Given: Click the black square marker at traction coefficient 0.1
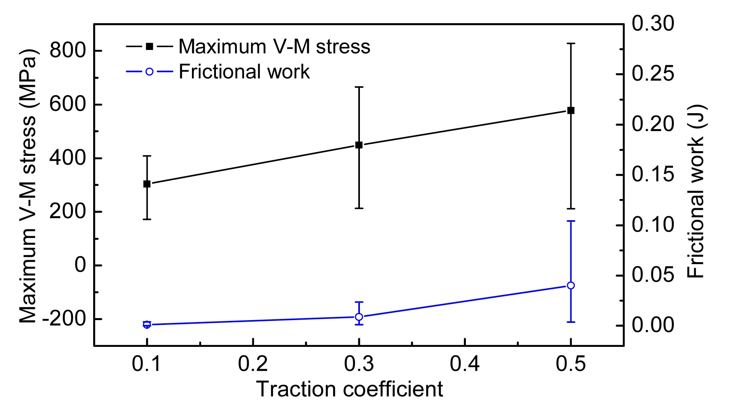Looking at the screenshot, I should [147, 184].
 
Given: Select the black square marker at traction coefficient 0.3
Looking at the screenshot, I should [359, 145].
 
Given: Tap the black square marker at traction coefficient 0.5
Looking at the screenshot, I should [571, 110].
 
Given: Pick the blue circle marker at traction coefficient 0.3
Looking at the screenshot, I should [359, 317].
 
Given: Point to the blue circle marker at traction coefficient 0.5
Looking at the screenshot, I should [571, 285].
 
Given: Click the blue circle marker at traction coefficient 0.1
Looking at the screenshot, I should [147, 324].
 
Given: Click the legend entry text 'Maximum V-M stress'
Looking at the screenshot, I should [274, 47].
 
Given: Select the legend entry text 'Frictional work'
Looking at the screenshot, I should [244, 72].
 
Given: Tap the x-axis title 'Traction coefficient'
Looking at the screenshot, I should [349, 389].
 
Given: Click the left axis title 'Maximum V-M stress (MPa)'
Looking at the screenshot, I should [28, 186].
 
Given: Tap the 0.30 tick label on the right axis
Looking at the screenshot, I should [653, 24].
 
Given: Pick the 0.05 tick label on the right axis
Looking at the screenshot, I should [653, 275].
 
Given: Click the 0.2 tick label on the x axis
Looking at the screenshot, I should [253, 364].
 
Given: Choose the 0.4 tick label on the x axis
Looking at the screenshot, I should [465, 364].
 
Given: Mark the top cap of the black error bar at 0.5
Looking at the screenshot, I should [571, 43].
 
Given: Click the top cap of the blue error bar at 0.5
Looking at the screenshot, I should [571, 221].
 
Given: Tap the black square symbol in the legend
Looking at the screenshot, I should [149, 47].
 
